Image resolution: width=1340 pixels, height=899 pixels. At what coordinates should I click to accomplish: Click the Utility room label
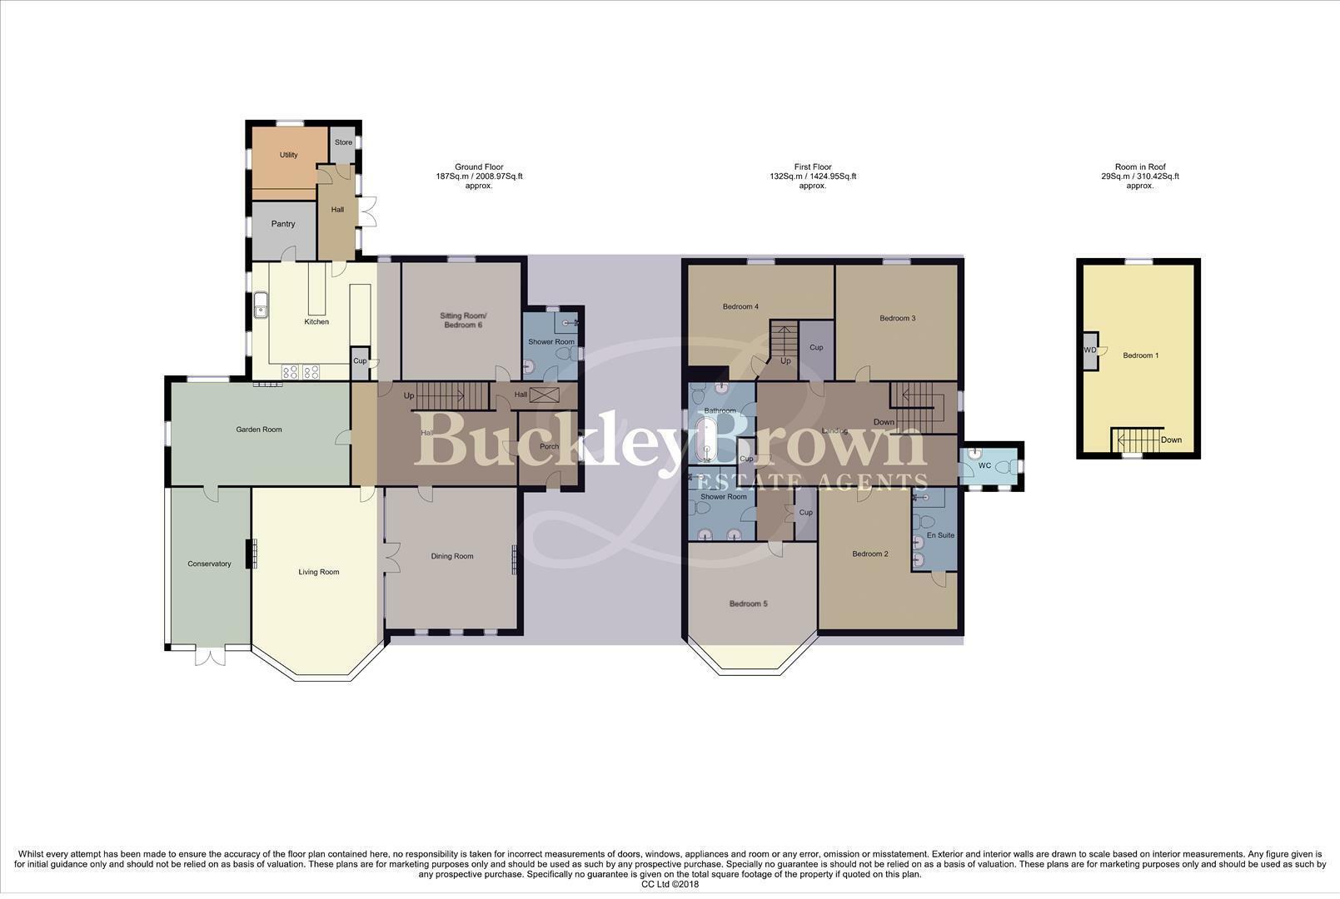click(x=288, y=155)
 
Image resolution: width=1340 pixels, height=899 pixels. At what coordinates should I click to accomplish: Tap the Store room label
click(x=343, y=142)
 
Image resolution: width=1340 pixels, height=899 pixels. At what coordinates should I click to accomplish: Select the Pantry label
click(x=283, y=224)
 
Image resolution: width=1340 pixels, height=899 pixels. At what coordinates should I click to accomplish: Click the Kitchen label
click(x=316, y=321)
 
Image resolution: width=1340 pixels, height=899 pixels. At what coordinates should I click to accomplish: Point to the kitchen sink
click(x=261, y=305)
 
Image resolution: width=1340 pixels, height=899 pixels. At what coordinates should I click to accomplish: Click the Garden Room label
click(x=259, y=430)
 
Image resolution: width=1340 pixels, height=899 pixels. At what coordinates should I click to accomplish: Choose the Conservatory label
click(x=209, y=564)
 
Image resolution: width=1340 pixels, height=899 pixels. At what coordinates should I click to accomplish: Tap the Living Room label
click(x=319, y=572)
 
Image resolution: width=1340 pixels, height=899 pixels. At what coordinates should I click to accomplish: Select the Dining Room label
click(x=452, y=556)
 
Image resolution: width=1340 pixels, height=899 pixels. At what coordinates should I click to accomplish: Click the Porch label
click(x=549, y=446)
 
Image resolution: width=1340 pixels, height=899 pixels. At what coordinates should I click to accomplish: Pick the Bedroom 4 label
click(x=740, y=306)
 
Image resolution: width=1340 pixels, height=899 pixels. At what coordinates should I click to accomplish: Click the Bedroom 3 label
click(x=897, y=318)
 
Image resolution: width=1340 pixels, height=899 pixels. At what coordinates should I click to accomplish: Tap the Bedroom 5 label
click(x=748, y=603)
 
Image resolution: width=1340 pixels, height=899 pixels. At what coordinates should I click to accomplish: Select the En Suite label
click(x=941, y=535)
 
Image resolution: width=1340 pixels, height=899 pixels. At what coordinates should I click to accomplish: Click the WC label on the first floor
click(x=984, y=465)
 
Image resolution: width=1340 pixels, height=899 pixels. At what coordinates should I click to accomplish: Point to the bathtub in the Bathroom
click(x=707, y=440)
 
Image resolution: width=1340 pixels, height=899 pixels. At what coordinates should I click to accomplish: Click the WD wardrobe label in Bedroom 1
click(x=1089, y=350)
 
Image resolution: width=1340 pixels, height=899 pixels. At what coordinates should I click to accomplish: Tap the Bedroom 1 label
click(x=1140, y=355)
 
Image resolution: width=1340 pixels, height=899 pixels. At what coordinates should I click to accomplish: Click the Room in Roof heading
click(x=1140, y=166)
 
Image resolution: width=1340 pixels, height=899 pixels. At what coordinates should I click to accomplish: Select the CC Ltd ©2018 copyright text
click(x=670, y=884)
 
